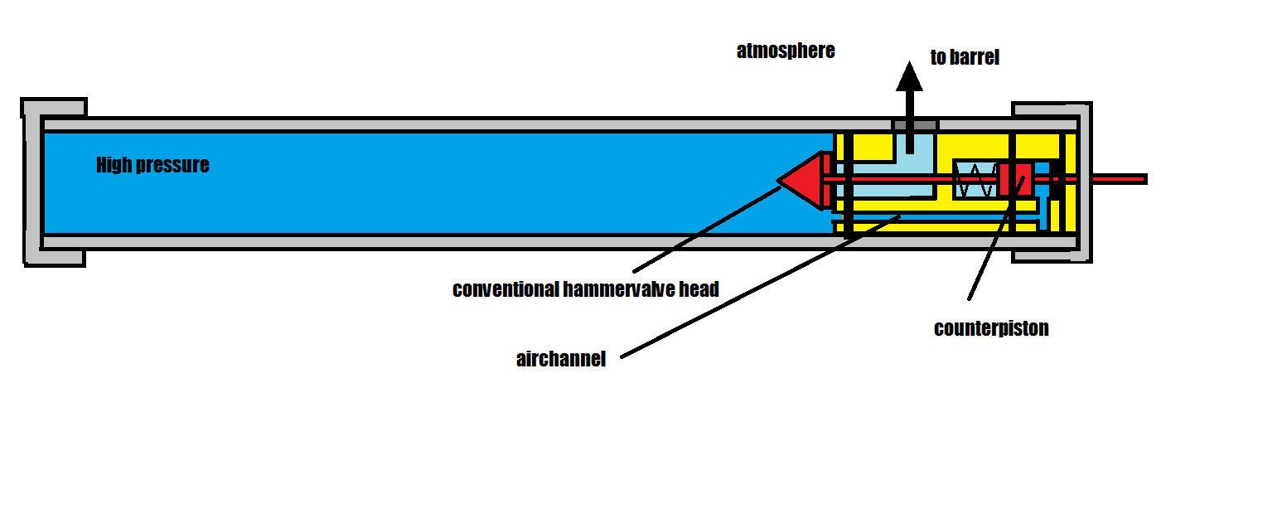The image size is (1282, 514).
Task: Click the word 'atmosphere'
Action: coord(786,51)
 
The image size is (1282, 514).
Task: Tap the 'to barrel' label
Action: coord(965,57)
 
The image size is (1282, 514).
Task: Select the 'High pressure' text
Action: coord(152,165)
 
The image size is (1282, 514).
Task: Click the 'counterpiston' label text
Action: coord(991,328)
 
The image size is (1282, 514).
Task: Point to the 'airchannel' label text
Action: coord(561,360)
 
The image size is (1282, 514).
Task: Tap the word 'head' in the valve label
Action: coord(700,289)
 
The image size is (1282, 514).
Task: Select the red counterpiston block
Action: coord(1014,179)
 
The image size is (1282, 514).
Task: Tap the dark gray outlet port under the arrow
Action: coord(915,124)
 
